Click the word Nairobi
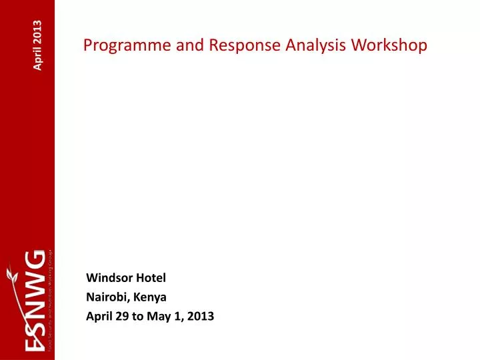click(105, 297)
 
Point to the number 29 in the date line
click(121, 317)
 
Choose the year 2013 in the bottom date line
click(199, 317)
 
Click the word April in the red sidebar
click(38, 56)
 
